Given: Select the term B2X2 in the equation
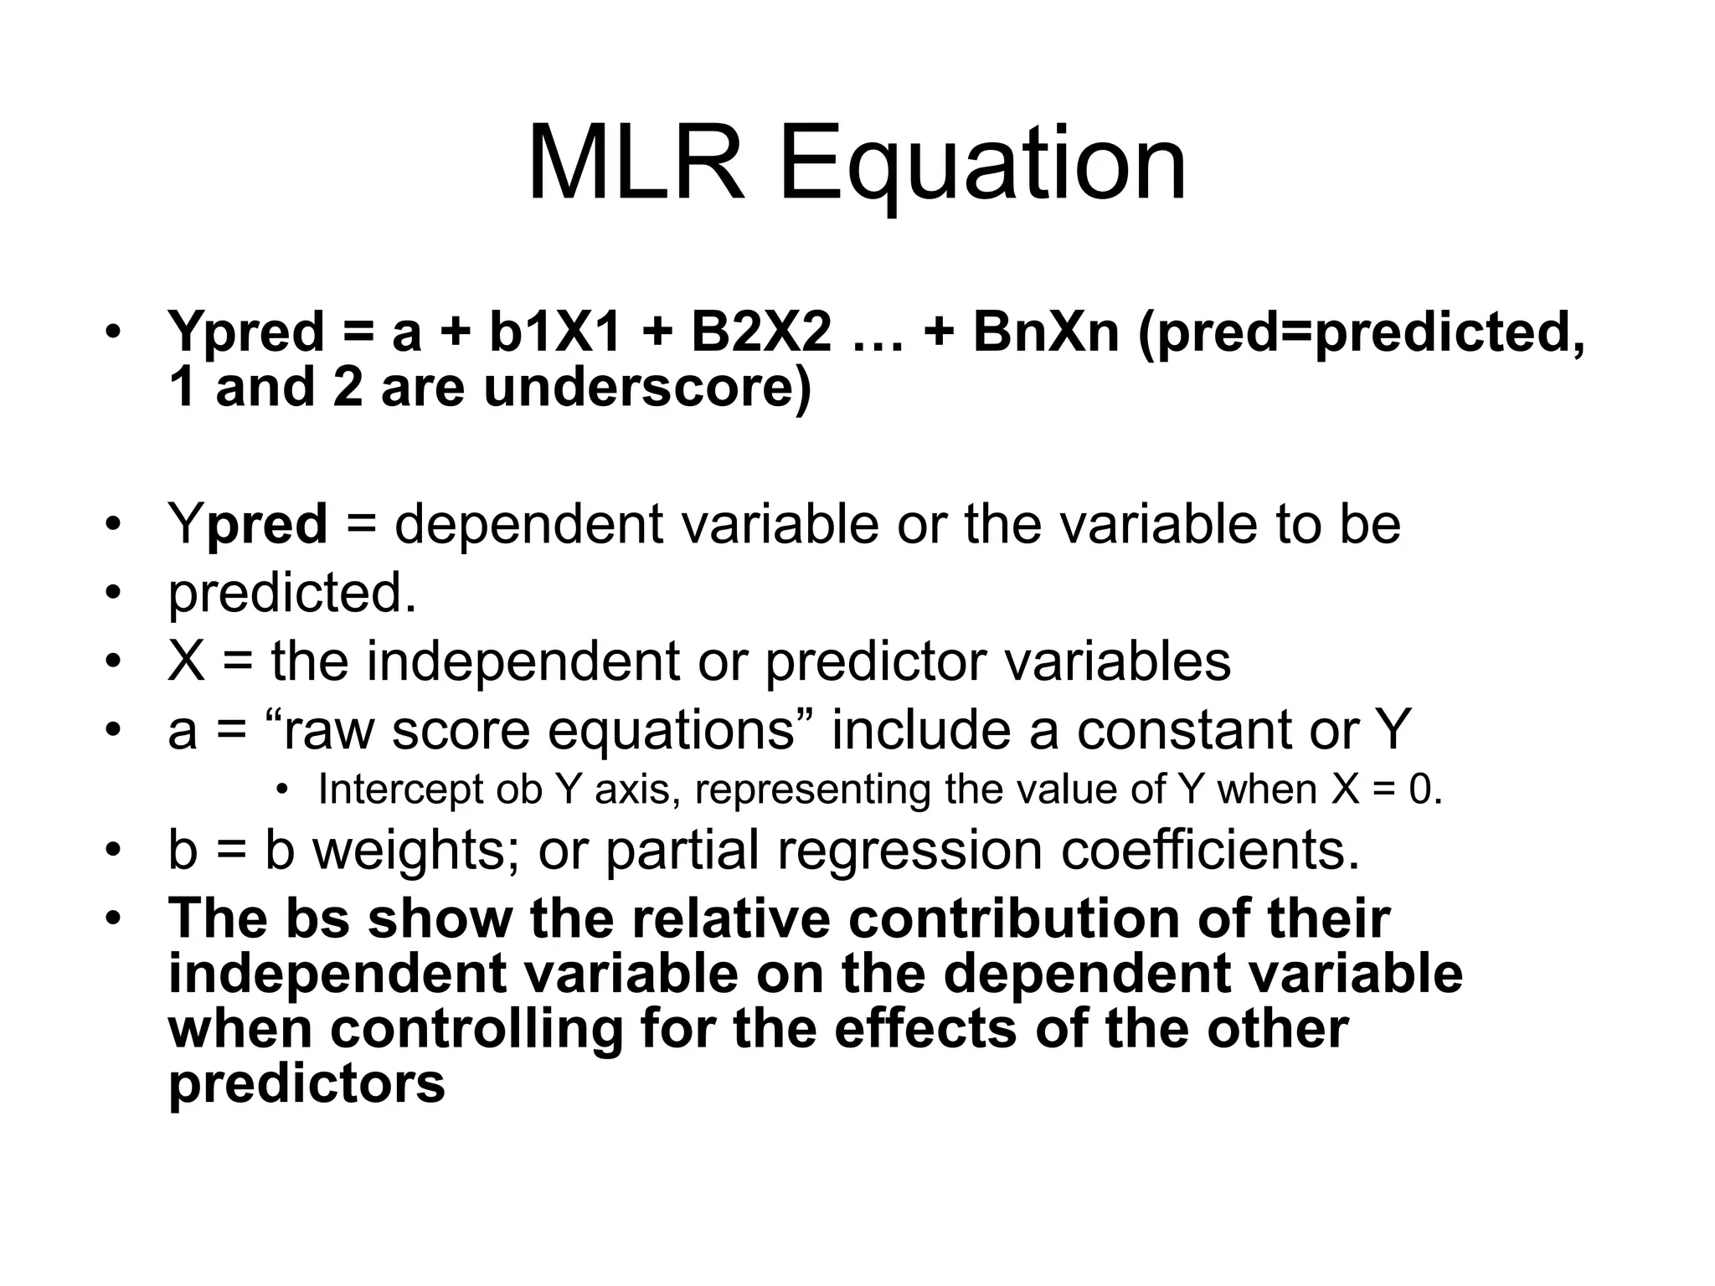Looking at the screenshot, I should (761, 332).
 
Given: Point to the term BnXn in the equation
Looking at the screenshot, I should (1046, 332).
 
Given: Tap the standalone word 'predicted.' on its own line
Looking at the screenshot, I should (292, 594).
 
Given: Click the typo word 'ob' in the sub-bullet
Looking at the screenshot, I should (518, 790).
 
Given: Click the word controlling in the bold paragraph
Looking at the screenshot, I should (477, 1029).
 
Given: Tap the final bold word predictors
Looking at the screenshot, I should (306, 1084).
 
